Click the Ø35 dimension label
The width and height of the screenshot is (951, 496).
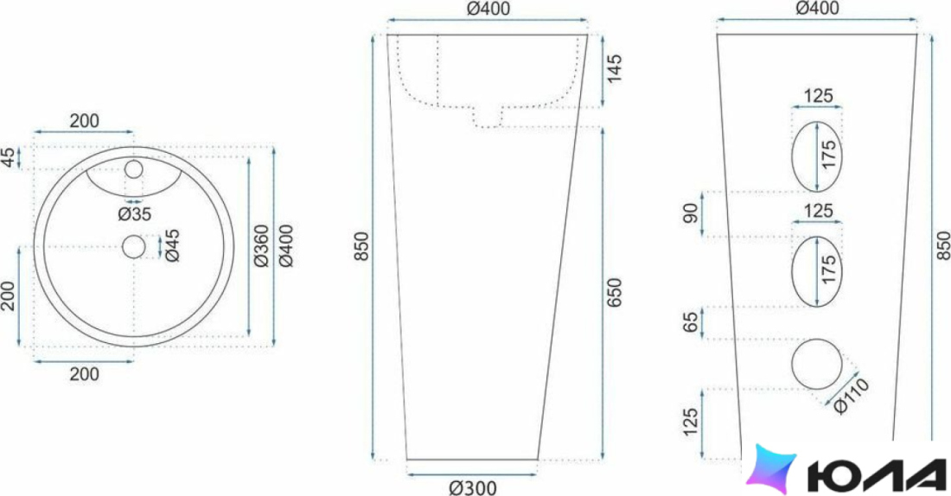coord(135,214)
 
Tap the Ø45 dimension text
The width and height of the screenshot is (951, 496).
coord(173,245)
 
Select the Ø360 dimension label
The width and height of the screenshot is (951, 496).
coord(261,245)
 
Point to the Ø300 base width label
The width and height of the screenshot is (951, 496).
coord(472,487)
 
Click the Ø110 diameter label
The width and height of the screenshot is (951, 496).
coord(852,396)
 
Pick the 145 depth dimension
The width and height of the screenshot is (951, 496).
coord(614,69)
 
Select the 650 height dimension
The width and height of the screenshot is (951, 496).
coord(614,292)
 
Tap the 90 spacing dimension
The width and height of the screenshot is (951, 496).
coord(691,213)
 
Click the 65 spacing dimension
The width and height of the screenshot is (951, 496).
coord(691,322)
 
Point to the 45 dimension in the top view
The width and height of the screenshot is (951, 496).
coord(9,157)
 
